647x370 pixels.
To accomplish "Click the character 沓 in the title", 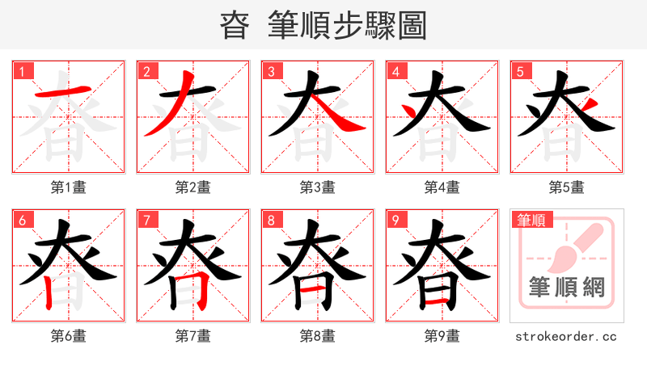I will tap(235, 26).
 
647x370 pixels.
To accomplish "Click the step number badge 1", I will tap(21, 71).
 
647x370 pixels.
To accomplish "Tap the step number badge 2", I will tap(146, 71).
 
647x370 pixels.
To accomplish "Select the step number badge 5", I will tap(519, 71).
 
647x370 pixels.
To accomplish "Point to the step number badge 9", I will tap(395, 220).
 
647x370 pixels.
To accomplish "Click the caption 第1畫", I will tap(68, 187).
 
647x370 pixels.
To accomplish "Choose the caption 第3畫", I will tap(317, 187).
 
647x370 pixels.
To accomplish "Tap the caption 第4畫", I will tap(442, 187).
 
